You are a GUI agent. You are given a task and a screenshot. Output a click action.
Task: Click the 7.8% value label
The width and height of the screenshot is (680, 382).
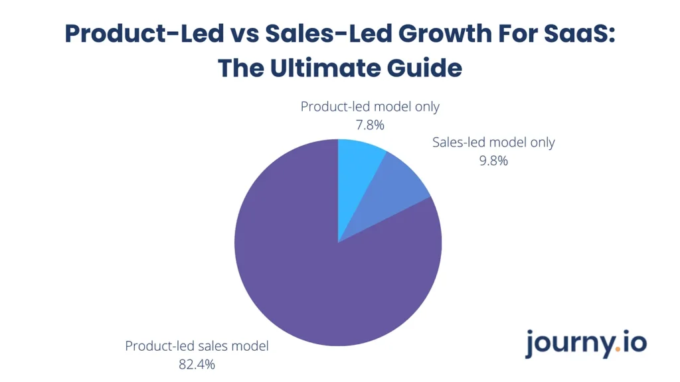coord(370,124)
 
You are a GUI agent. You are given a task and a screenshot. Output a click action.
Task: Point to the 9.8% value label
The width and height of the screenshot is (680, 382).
coord(493,160)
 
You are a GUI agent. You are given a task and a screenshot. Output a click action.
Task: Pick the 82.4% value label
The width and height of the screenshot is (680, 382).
coord(197,364)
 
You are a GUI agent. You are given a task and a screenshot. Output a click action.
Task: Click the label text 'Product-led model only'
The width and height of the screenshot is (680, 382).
coord(370,106)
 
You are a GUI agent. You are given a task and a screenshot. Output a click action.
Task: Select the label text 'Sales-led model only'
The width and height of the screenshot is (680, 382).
coord(493,142)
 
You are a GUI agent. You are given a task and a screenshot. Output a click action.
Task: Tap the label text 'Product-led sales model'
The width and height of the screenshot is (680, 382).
coord(197,346)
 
